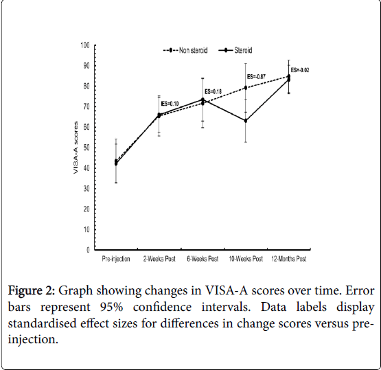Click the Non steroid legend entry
coord(185,50)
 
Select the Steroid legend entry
coord(235,50)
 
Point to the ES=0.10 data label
coord(170,104)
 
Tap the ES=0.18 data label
coord(213,91)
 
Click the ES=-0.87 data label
coord(256,76)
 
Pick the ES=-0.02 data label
coord(300,70)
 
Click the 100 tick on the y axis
coord(85,45)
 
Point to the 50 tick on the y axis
coord(86,148)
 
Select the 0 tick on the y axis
coord(88,250)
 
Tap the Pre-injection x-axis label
coord(116,259)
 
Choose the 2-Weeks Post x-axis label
coord(159,259)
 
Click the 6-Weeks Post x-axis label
coord(203,259)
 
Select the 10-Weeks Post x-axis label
coord(246,259)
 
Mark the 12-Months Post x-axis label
coord(289,259)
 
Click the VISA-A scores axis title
coord(76,148)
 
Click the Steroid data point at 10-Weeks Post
coord(246,121)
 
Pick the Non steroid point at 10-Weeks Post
coord(246,88)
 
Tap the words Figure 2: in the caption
coord(32,291)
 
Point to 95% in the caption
coord(111,307)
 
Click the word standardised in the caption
coord(43,323)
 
